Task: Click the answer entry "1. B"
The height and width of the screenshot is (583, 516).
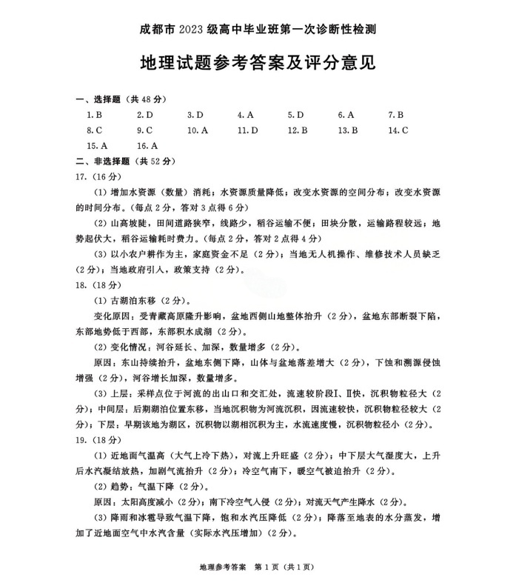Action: pos(94,115)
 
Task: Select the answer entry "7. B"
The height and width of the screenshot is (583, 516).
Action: pos(395,115)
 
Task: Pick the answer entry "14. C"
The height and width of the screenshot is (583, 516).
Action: pos(398,130)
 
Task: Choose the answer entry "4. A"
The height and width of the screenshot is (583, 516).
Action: pos(246,115)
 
